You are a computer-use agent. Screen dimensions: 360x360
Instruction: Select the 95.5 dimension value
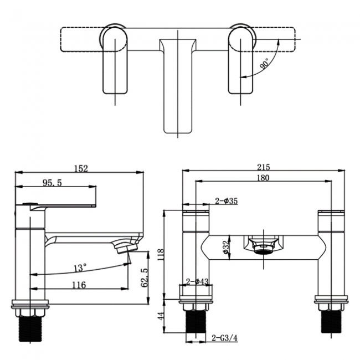52,182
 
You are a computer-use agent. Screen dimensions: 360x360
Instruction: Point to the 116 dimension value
79,285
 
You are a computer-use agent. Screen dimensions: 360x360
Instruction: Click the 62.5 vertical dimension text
145,277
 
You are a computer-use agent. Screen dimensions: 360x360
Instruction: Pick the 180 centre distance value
264,178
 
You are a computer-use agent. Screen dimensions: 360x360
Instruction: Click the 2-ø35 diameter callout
227,202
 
